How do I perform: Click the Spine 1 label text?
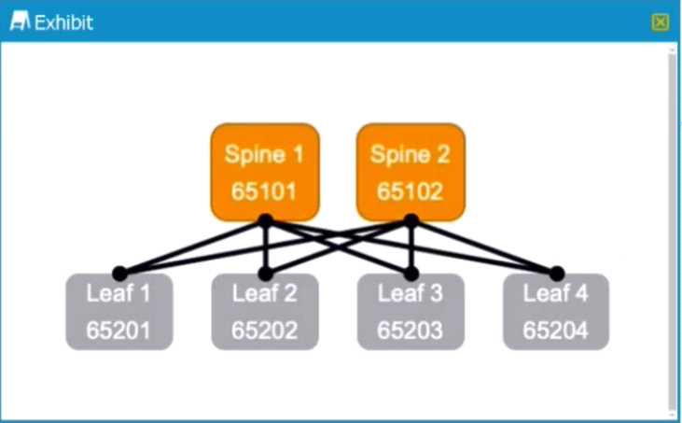264,154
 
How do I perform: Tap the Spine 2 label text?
411,154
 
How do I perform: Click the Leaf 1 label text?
118,293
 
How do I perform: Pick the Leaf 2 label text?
265,293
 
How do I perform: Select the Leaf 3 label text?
411,293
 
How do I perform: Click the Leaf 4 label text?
556,293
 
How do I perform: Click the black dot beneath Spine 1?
265,220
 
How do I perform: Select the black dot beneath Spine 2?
411,220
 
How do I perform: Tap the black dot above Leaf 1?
119,274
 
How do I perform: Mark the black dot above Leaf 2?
265,274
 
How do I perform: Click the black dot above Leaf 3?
411,274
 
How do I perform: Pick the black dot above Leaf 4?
557,274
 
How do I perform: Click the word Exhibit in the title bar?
63,22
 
